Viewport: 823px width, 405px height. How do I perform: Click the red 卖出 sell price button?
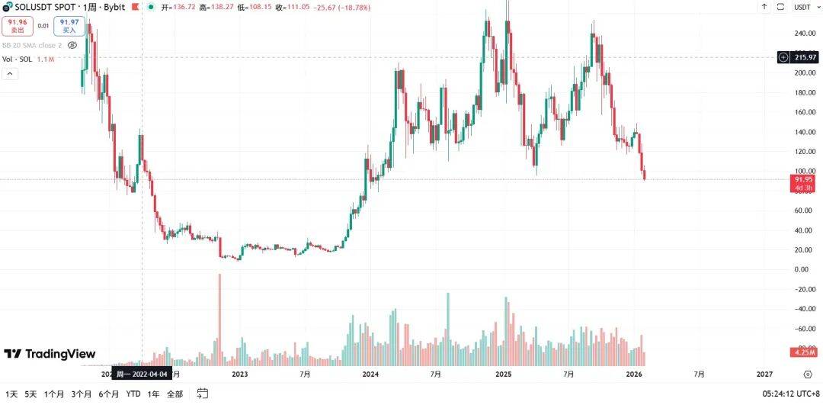[x=17, y=27]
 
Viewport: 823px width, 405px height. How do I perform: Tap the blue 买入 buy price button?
[x=69, y=27]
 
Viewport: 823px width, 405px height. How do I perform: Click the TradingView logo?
[x=50, y=354]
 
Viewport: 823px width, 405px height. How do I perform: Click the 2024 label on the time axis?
[x=371, y=374]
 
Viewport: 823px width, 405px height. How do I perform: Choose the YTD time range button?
[x=133, y=394]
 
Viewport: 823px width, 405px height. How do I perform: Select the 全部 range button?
[x=175, y=394]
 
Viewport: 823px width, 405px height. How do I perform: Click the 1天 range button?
[x=11, y=394]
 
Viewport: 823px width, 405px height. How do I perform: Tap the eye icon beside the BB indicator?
[x=72, y=45]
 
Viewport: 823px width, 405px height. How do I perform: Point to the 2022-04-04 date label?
[x=143, y=374]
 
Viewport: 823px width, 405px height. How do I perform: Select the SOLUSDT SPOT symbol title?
[x=46, y=6]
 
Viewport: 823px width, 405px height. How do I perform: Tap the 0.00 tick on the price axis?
[x=802, y=269]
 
